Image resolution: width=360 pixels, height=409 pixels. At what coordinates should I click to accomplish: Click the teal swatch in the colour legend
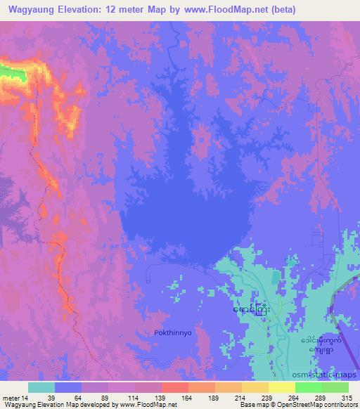coord(41,387)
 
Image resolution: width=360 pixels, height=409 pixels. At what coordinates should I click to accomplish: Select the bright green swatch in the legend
coord(309,387)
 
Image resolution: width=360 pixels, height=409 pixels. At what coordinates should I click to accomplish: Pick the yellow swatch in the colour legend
coord(282,387)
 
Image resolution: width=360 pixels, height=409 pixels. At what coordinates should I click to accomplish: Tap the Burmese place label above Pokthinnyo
coord(250,309)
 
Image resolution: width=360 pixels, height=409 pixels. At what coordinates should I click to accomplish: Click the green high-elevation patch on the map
coord(8,70)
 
